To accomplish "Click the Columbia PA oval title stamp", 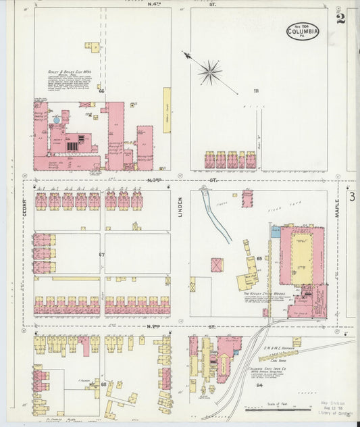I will click(302, 30).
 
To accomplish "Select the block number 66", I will click(102, 91).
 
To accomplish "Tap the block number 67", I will click(102, 255).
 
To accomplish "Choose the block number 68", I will click(103, 384).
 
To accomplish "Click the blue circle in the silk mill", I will click(57, 119).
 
